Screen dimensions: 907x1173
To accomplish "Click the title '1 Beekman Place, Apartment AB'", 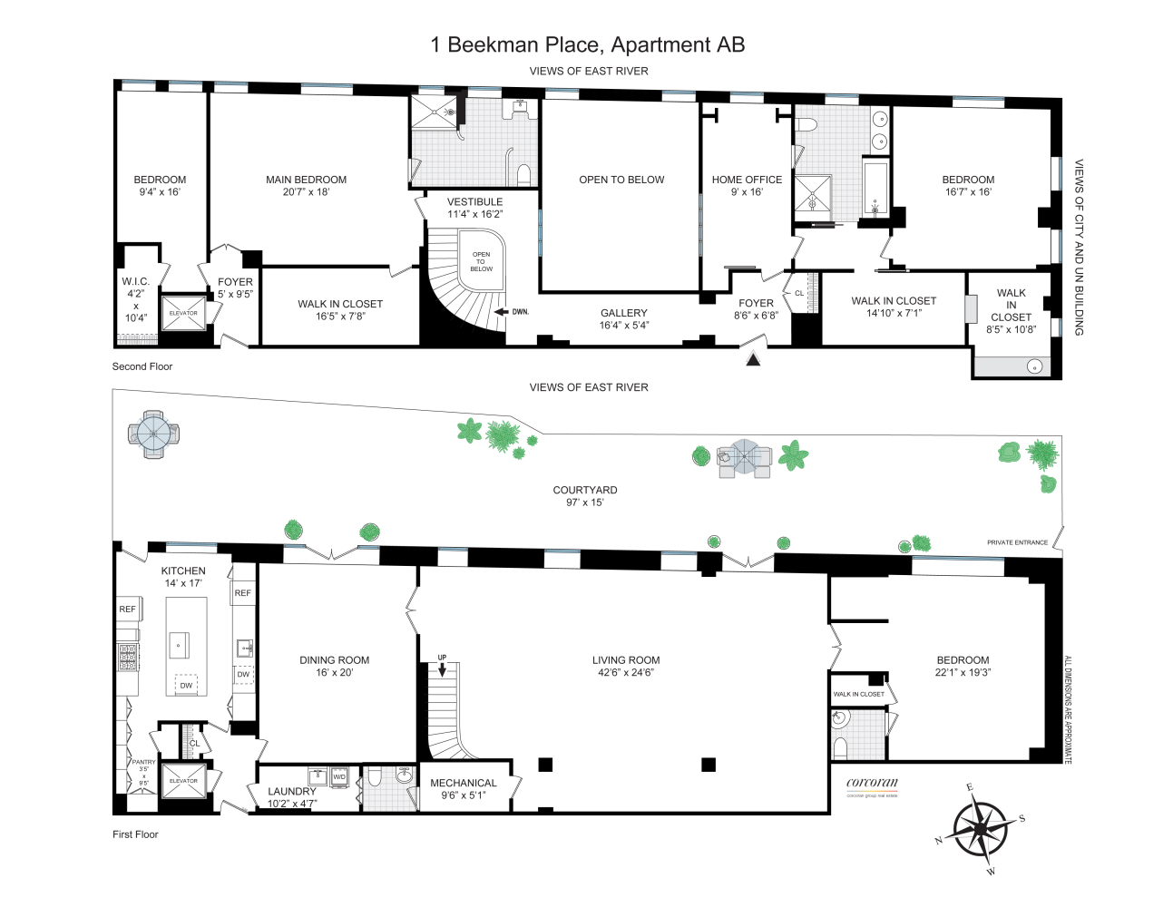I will point(587,44).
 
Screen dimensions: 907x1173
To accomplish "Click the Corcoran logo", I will point(872,784).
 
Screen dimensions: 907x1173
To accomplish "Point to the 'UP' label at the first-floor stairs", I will point(442,658).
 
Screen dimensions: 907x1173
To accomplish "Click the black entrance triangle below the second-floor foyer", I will point(752,359).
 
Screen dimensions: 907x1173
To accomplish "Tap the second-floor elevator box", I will point(183,313).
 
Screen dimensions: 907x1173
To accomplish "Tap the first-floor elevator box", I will point(183,781).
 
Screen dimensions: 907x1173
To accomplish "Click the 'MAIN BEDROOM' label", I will point(306,180).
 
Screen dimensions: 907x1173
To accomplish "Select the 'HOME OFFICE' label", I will point(747,180).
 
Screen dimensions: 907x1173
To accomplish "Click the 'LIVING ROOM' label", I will point(626,660).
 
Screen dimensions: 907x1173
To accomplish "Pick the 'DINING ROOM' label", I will point(334,660).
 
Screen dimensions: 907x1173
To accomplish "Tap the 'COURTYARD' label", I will point(585,490).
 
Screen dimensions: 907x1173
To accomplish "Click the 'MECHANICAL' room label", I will point(463,783).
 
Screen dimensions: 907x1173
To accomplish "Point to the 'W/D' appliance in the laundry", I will point(339,777).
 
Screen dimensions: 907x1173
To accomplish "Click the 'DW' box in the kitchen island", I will point(186,686).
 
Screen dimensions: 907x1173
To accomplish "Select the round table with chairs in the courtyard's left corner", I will point(153,434).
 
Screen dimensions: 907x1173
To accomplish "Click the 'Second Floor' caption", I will point(142,366).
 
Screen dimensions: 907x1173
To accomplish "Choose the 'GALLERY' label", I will point(623,313).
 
